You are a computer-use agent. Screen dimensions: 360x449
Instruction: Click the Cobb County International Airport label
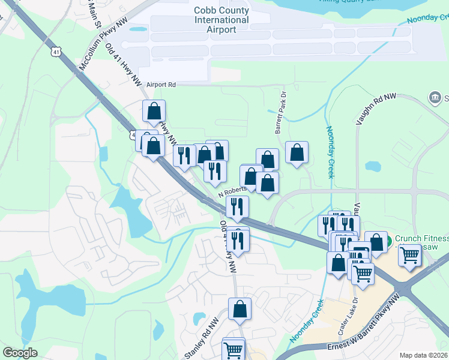(x=221, y=20)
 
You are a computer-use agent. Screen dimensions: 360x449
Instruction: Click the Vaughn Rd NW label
(x=376, y=109)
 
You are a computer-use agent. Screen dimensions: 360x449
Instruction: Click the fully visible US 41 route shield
(x=55, y=52)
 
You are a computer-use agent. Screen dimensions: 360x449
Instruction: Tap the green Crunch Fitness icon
(x=388, y=241)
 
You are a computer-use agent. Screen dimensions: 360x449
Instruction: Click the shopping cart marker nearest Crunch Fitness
(x=410, y=254)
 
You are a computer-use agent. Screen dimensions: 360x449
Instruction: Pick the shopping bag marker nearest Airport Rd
(x=154, y=111)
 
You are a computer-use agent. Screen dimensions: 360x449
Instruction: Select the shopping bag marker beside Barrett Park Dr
(x=297, y=152)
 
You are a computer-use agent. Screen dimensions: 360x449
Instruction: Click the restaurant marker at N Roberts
(x=238, y=207)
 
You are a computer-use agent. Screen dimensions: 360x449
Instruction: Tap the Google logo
(x=20, y=353)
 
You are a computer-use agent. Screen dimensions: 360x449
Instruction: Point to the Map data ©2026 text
(x=424, y=355)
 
